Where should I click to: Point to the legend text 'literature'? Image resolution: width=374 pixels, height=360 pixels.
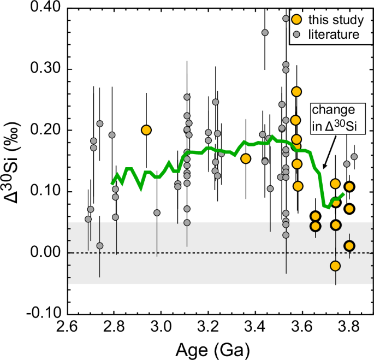333,34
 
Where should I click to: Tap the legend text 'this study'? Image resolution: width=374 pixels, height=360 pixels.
335,20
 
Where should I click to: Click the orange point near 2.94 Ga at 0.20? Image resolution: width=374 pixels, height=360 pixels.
146,130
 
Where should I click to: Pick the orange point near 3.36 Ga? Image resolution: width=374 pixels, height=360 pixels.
246,158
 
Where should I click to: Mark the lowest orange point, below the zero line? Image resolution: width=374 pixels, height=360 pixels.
335,266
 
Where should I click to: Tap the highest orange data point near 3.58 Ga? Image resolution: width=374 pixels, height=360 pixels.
296,92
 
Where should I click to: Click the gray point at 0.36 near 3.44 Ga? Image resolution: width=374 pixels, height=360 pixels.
265,33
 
